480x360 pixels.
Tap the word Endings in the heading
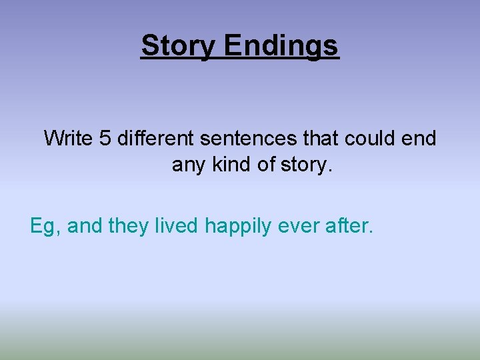pos(281,47)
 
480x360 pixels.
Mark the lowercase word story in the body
pos(304,164)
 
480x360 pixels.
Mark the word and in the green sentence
pos(84,226)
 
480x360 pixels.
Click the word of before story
pos(268,164)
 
